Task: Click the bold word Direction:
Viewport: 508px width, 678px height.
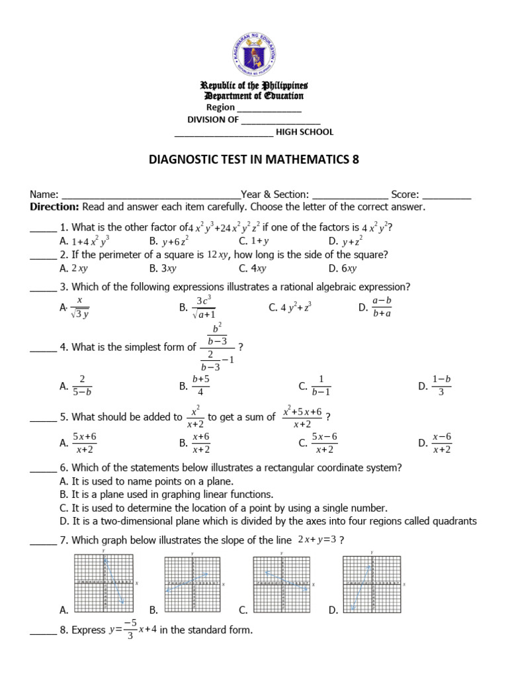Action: [55, 207]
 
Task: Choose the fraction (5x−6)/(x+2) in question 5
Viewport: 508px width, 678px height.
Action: [324, 443]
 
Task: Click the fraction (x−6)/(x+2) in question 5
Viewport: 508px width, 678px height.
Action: [441, 443]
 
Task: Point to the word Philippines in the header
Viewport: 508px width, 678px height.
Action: [284, 86]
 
